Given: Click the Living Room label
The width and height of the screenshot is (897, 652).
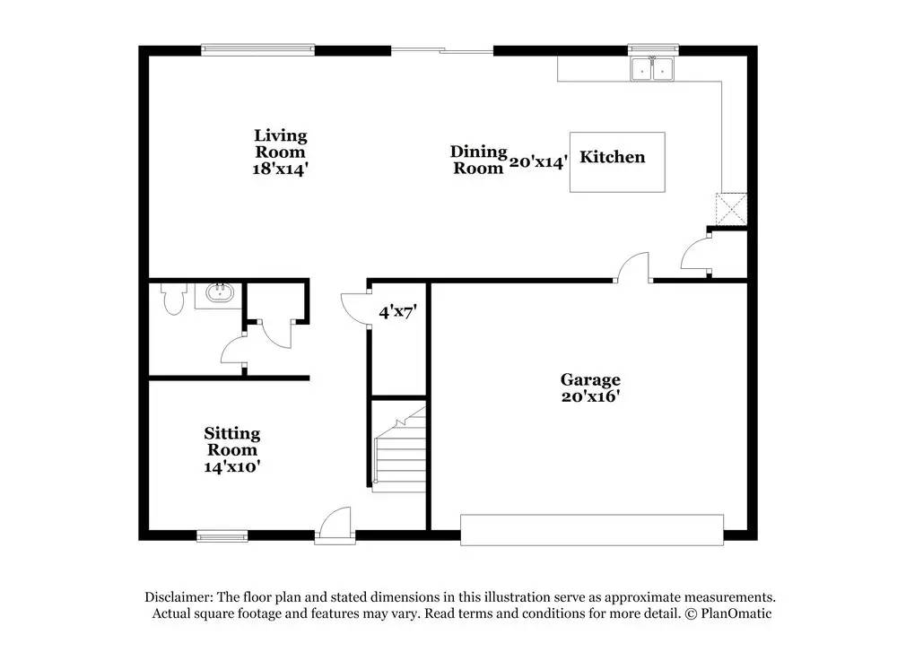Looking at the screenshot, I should [x=280, y=143].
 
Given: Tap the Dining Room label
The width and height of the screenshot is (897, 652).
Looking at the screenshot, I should [x=478, y=160].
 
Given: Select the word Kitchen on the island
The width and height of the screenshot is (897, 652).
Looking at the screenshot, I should [x=613, y=157].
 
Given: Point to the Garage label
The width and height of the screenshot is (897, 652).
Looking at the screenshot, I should [x=590, y=379].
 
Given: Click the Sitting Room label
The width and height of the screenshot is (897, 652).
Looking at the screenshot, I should [x=231, y=441].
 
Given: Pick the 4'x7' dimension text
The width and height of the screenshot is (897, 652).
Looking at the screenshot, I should [x=397, y=312].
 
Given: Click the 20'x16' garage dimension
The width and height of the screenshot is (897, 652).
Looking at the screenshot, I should [x=590, y=397].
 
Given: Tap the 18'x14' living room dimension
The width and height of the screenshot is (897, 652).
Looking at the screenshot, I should [x=280, y=169].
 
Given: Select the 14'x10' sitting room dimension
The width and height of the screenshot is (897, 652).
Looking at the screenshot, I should [x=231, y=466].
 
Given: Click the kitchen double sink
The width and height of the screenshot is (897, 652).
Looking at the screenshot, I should [x=652, y=69].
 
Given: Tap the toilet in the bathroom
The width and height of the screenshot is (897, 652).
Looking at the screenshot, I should [x=172, y=299].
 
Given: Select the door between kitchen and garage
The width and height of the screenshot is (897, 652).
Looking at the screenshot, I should [x=632, y=269].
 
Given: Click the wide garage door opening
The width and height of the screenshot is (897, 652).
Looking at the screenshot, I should [x=591, y=529].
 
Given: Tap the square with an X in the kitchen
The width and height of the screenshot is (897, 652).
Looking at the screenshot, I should [x=731, y=208].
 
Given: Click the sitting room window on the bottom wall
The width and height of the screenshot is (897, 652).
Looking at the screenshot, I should [x=222, y=536].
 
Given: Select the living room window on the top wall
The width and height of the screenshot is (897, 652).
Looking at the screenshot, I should [x=257, y=50].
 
